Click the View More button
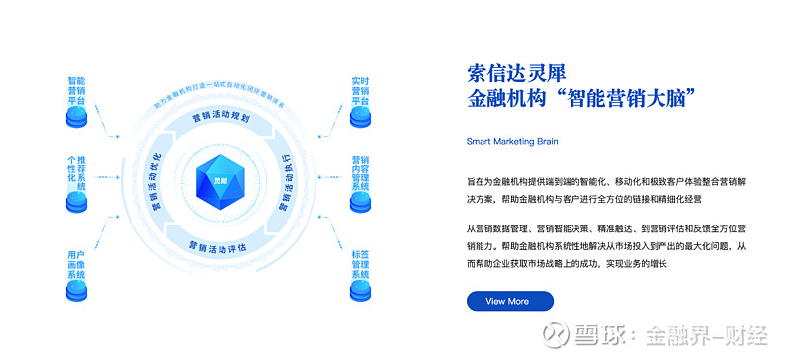509,301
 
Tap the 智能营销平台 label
77,90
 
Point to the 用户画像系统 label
77,262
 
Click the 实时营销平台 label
361,90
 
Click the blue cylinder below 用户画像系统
77,290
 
